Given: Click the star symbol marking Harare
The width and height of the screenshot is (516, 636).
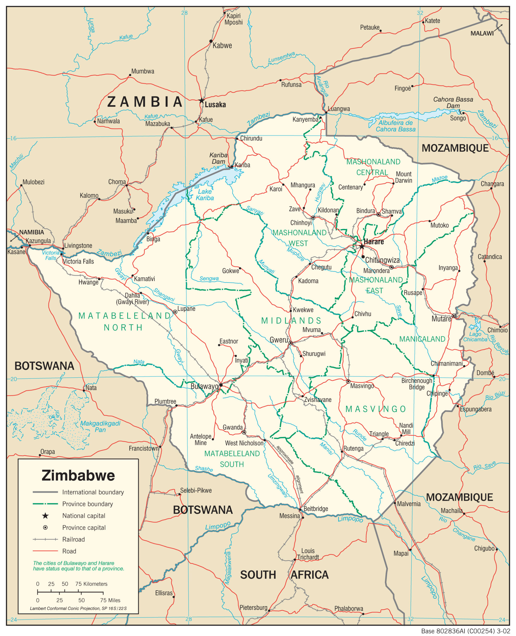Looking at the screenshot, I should (x=361, y=247).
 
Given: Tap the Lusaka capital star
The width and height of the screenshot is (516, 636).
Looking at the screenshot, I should (x=201, y=101).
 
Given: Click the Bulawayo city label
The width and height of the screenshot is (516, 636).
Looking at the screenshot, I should (x=204, y=386).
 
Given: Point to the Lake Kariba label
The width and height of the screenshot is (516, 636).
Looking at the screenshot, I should (x=205, y=195).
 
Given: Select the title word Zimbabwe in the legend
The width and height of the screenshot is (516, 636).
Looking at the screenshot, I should (x=78, y=475).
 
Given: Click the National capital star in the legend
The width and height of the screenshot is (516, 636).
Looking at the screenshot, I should (x=45, y=516).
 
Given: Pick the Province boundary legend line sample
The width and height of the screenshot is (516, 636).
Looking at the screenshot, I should (x=45, y=504).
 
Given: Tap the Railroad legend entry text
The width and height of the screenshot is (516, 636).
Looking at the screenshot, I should (x=73, y=539).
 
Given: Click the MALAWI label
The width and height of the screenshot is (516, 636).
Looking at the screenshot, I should (x=482, y=34).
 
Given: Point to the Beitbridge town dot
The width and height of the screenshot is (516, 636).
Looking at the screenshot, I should (x=300, y=509).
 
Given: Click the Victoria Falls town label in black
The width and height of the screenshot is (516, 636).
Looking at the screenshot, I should (x=78, y=261).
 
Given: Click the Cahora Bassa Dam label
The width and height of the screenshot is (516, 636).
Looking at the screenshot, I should (x=453, y=103).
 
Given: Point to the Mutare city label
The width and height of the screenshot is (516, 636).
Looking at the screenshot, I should (x=441, y=319).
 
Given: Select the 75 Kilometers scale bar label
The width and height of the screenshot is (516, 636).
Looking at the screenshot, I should (x=91, y=584).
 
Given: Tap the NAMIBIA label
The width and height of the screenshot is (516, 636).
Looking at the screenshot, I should (x=32, y=232).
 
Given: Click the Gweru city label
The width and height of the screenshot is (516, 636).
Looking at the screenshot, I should (x=279, y=340).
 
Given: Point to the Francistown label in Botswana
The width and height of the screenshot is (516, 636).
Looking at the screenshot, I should (x=144, y=448).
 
